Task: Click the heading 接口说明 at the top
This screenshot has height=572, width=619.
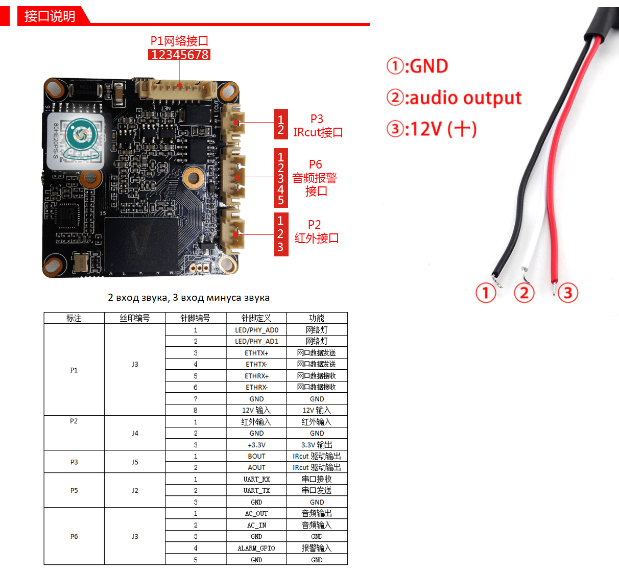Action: [x=50, y=16]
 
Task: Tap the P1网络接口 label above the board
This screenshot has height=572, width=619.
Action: [x=179, y=41]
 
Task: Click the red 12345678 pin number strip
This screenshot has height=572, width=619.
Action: [x=179, y=55]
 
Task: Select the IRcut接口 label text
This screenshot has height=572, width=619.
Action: [x=318, y=133]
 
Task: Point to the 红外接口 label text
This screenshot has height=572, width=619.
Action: [x=317, y=239]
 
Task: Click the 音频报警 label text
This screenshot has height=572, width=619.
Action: [x=315, y=178]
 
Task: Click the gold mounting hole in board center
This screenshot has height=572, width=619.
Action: [x=193, y=177]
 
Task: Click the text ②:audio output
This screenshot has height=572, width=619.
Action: [x=454, y=98]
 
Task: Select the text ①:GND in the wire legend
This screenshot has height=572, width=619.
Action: [x=417, y=66]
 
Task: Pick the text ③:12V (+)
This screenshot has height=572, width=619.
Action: [x=432, y=129]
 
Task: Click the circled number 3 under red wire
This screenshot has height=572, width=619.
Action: [x=567, y=293]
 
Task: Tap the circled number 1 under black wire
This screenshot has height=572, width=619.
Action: [x=486, y=293]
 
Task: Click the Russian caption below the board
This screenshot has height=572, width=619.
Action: [x=188, y=298]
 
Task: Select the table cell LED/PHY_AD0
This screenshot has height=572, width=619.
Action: [x=256, y=330]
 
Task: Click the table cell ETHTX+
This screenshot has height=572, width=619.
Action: [x=256, y=353]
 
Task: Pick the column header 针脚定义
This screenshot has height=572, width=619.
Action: [x=256, y=318]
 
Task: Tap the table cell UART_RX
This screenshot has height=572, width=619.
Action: [x=256, y=479]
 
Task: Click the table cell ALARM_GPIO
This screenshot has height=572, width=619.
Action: [x=256, y=548]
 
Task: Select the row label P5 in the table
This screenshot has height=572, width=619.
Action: [x=74, y=490]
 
